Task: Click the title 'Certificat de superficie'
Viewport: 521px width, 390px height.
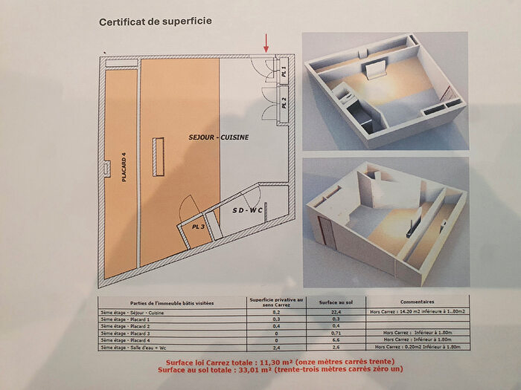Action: [156, 22]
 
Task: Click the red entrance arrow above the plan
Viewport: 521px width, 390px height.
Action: [266, 42]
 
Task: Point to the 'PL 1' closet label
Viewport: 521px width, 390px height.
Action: [284, 71]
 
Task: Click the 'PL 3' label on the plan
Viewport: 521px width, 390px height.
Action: [196, 226]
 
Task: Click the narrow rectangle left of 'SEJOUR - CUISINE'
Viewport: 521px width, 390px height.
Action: [158, 156]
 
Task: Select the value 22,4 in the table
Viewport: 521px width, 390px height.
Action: [317, 314]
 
